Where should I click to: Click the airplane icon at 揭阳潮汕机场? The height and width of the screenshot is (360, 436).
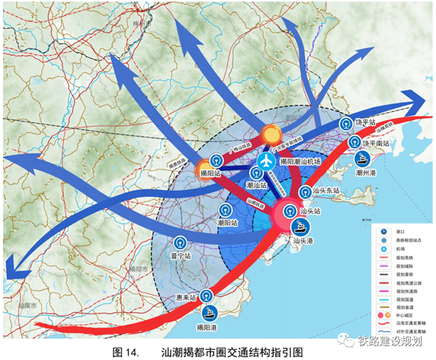[x=267, y=159]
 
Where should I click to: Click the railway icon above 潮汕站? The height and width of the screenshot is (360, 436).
[x=255, y=172]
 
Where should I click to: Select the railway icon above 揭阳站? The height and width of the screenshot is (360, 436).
[x=216, y=159]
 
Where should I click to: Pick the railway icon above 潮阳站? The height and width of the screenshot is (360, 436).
[x=227, y=212]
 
